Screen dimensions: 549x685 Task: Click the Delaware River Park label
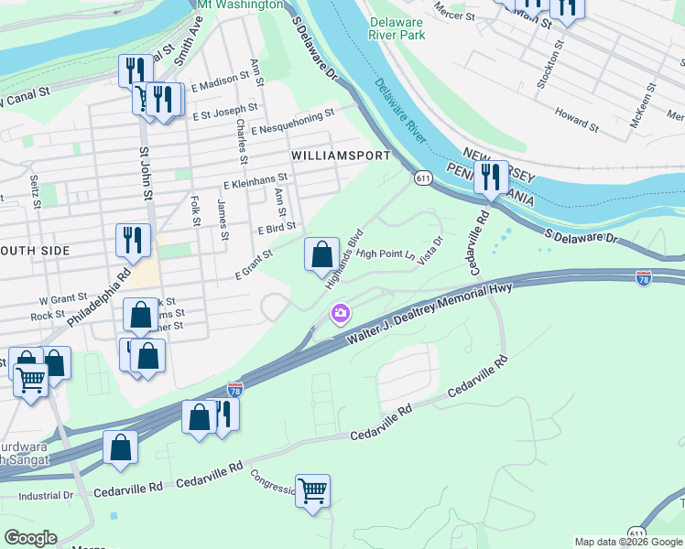tap(397, 28)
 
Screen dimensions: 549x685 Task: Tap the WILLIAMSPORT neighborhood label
tap(341, 156)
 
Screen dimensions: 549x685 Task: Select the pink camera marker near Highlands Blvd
tap(341, 316)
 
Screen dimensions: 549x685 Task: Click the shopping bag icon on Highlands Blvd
tap(321, 254)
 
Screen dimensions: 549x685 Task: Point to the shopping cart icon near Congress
tap(313, 491)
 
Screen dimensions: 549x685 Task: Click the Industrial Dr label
tap(46, 495)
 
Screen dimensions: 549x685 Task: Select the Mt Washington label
tap(241, 5)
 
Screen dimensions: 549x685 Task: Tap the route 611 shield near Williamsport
tap(422, 177)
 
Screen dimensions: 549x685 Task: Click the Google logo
tap(31, 537)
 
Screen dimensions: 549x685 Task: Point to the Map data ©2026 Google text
tap(628, 542)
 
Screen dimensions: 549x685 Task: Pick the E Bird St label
tap(277, 227)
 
